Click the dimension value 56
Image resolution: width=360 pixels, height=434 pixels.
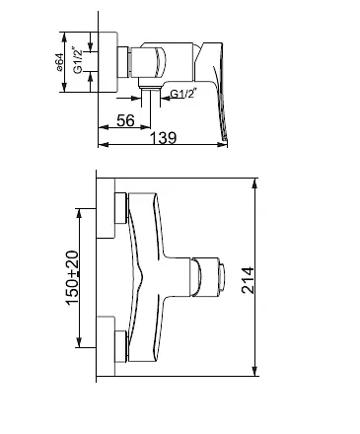tap(125, 120)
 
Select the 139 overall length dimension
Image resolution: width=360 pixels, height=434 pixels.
tap(164, 137)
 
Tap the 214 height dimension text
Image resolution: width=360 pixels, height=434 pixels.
tap(248, 280)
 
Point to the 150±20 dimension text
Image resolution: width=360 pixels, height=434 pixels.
tap(73, 278)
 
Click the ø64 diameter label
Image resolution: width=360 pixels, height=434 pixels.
tap(59, 62)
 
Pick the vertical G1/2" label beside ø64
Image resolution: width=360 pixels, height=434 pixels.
tap(78, 61)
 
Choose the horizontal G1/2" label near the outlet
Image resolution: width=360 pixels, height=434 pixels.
tap(182, 94)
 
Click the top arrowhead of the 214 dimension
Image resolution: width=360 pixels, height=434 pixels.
tap(254, 183)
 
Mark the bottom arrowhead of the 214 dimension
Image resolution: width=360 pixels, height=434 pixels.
tap(254, 371)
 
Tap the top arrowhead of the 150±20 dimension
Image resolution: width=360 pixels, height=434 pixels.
tap(79, 213)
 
